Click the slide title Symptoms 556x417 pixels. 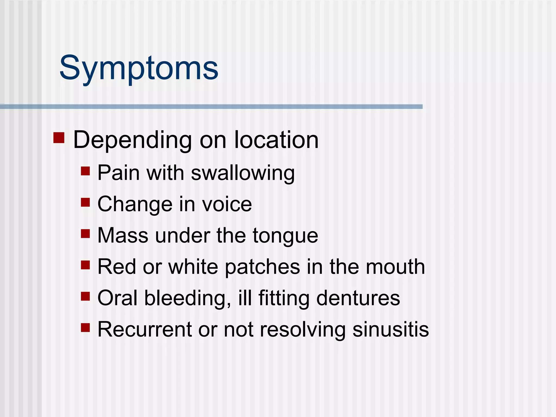(x=139, y=68)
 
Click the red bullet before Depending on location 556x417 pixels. (x=59, y=138)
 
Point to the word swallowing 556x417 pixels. (x=243, y=173)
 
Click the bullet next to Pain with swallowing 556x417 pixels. (x=85, y=171)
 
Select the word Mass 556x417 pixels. (x=123, y=235)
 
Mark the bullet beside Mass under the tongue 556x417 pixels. (x=85, y=233)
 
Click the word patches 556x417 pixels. (x=263, y=267)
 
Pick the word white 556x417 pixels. (x=193, y=267)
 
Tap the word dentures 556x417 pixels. (x=358, y=298)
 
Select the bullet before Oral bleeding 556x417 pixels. (x=85, y=296)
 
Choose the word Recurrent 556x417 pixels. (x=144, y=329)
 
